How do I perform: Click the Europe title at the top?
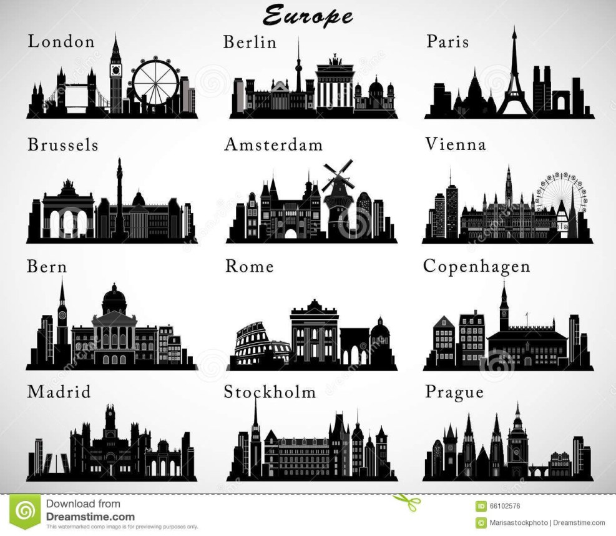[307, 15]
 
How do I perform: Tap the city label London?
[61, 42]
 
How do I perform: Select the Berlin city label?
[250, 42]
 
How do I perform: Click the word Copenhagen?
[476, 266]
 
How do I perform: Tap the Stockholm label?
[270, 392]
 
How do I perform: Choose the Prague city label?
[454, 392]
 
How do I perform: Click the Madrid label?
[59, 392]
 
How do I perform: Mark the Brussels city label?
[62, 145]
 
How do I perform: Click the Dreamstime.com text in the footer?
[90, 517]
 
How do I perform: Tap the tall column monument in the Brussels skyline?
[118, 194]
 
